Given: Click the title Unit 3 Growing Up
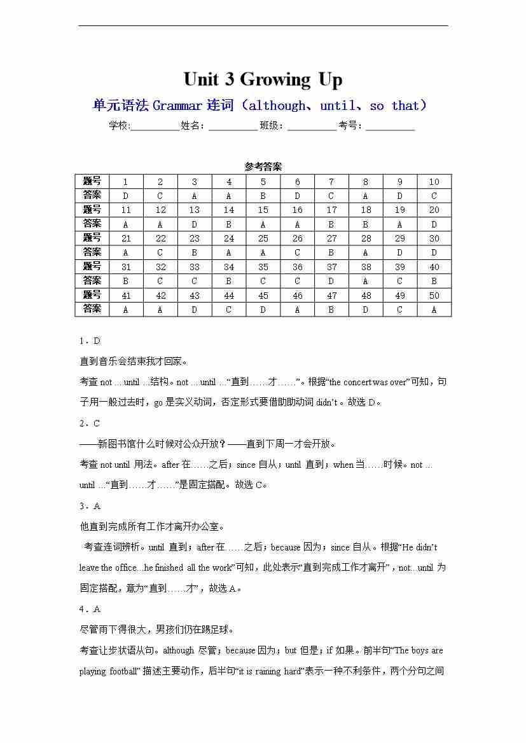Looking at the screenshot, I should [x=263, y=79].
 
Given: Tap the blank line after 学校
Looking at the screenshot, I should [x=155, y=126].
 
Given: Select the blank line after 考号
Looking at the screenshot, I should [x=390, y=126].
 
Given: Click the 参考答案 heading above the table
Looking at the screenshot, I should [x=263, y=167].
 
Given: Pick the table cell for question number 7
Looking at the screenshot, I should [x=331, y=182].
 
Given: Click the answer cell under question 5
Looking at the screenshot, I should [x=263, y=196].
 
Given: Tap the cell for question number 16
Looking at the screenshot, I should [x=297, y=210].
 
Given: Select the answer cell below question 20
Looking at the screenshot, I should [x=434, y=224].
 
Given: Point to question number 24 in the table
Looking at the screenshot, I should [x=229, y=238].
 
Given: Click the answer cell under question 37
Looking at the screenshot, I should [x=331, y=281].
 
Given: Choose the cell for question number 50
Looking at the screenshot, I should [x=434, y=296].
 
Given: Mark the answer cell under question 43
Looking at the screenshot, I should [x=195, y=310].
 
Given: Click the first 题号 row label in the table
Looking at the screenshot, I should [x=92, y=181].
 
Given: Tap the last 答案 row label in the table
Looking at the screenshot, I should [x=92, y=309].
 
